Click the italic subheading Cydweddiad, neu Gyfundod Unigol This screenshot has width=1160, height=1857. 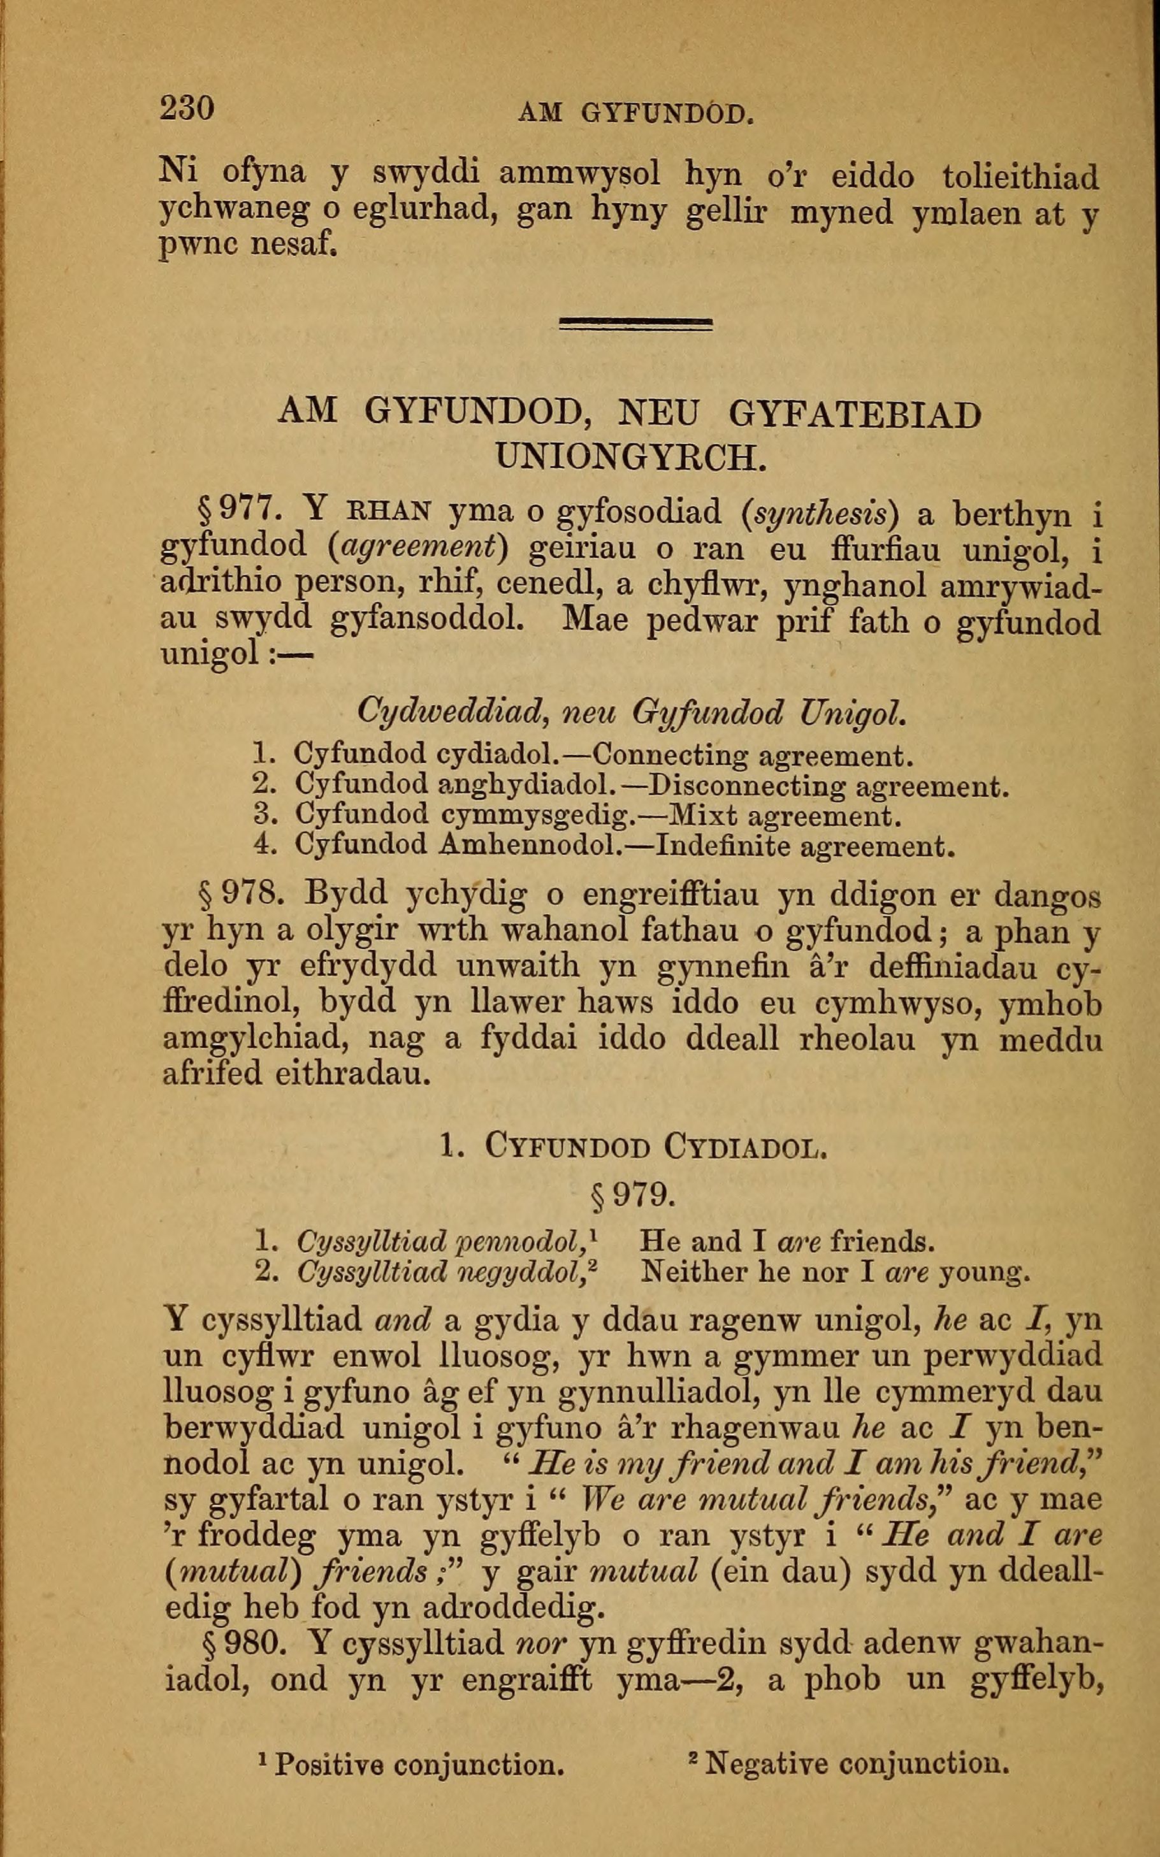[632, 713]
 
